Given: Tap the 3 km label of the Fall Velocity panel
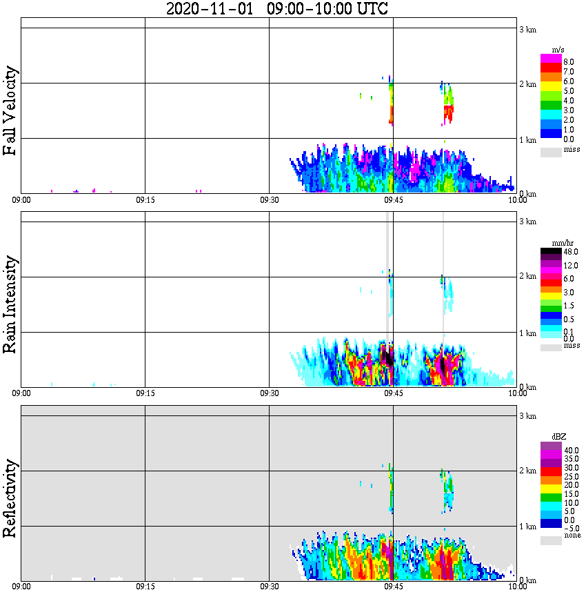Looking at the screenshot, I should point(527,29).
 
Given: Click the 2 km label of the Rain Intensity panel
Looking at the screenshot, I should point(527,277).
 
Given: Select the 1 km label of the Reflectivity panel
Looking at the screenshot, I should point(527,527).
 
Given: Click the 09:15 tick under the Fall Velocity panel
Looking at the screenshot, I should point(145,199).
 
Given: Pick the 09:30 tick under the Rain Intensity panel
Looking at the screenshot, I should point(269,393).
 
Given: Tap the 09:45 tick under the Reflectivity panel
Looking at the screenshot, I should point(393,586).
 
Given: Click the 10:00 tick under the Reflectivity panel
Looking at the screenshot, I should point(517,586).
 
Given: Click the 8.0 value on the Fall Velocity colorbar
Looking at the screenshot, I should point(569,62).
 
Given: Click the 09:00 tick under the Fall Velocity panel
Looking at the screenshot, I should point(21,199).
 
